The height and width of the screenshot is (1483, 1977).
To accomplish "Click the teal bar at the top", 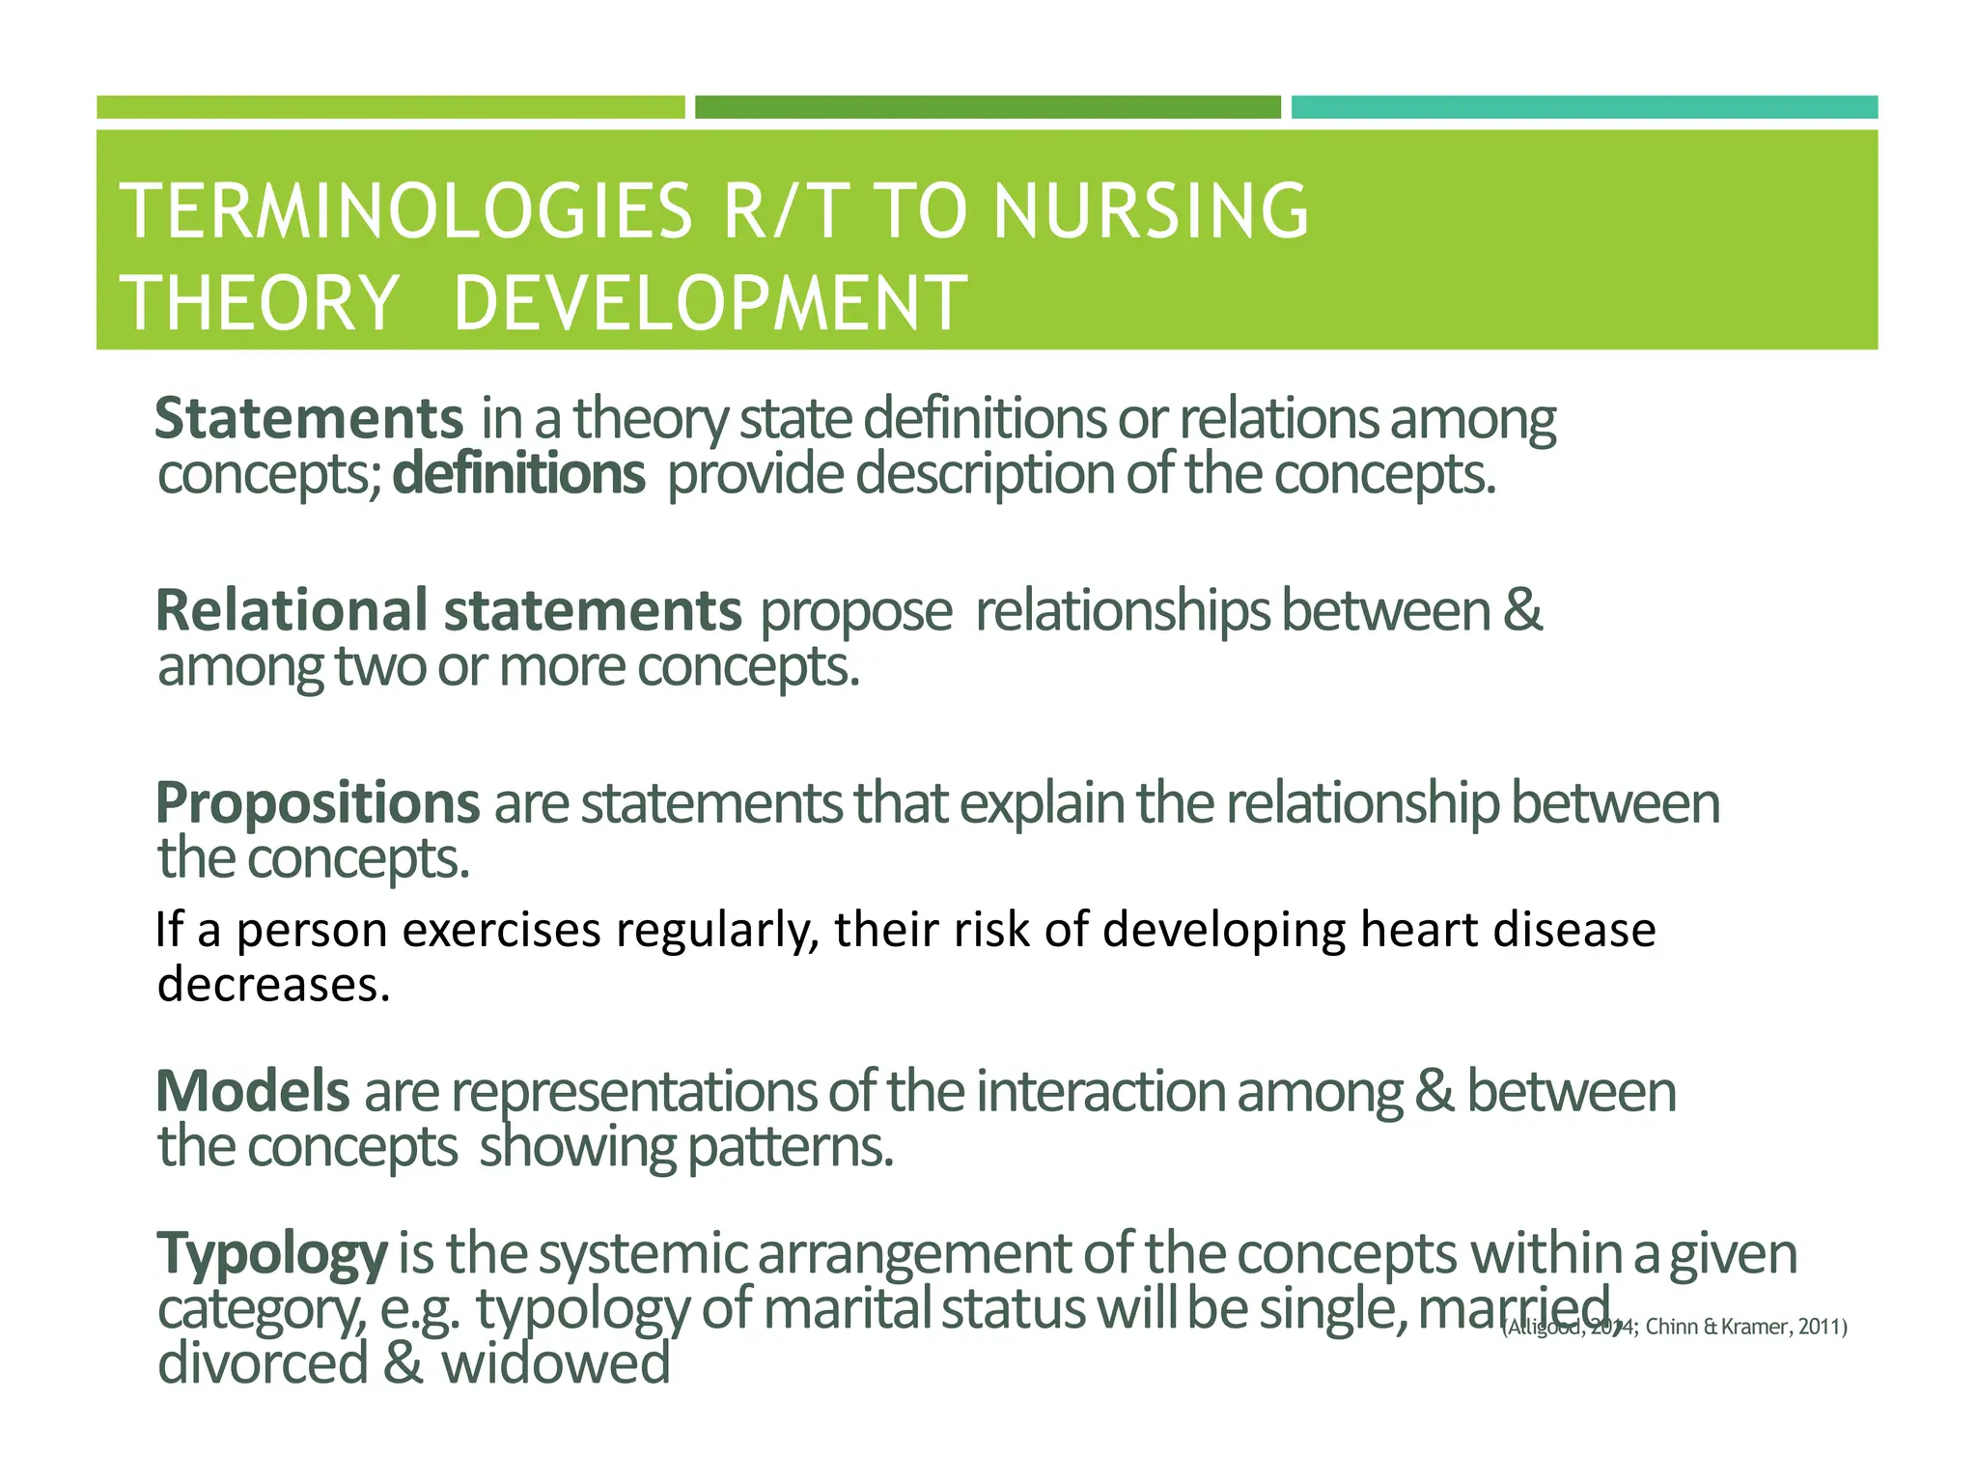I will point(1583,107).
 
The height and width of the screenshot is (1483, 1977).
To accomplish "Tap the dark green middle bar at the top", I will point(988,107).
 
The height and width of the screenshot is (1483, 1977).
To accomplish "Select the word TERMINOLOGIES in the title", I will point(405,211).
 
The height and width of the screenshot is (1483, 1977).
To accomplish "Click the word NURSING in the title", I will point(1151,211).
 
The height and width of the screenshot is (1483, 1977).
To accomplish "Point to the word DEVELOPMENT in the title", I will point(710,303).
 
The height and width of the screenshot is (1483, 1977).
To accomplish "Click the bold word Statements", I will point(309,419).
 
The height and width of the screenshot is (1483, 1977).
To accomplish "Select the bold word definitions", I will point(518,475).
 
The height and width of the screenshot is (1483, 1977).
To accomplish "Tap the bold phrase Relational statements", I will point(448,611).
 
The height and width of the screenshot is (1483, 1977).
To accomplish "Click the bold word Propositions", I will point(317,803).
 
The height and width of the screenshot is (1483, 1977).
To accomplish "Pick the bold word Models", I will point(252,1092).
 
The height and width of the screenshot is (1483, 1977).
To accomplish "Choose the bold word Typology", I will point(271,1254).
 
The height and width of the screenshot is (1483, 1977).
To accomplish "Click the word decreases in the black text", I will point(273,986).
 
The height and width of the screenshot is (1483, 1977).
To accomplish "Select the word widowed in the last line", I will point(555,1364).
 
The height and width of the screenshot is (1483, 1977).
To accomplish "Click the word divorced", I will point(263,1364).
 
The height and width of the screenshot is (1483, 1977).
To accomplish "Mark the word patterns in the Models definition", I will point(790,1148).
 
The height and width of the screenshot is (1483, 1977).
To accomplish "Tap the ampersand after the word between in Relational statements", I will point(1522,611).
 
